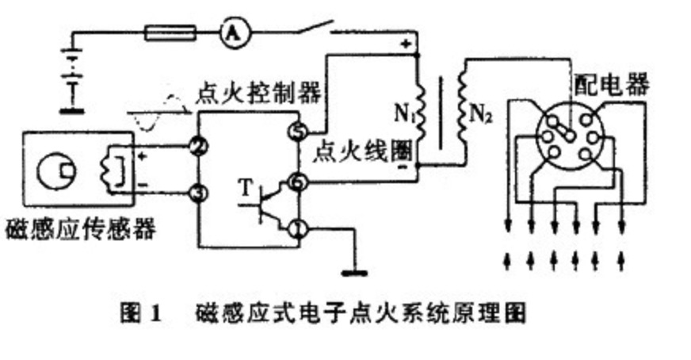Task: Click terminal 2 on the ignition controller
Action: (199, 146)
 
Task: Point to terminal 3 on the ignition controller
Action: (199, 193)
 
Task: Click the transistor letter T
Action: (245, 187)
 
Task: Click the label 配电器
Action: (612, 84)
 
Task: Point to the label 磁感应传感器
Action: (79, 230)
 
